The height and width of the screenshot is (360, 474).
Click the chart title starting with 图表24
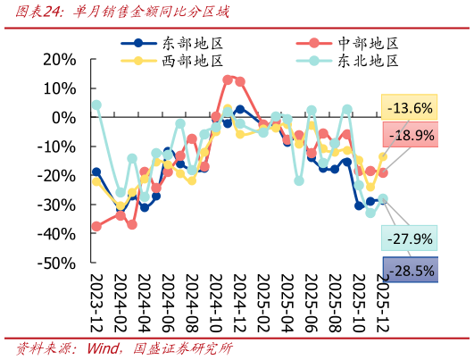coord(116,13)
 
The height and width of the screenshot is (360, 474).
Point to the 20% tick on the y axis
coord(59,59)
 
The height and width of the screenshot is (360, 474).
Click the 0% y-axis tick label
coord(64,117)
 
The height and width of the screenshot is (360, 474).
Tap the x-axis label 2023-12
coord(96,304)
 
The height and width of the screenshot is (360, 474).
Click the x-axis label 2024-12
coord(240,304)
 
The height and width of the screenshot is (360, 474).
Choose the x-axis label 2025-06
coord(312,304)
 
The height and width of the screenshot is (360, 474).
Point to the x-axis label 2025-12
coord(383,304)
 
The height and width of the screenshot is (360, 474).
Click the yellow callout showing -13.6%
coord(411,108)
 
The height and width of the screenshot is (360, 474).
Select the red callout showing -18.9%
coord(411,135)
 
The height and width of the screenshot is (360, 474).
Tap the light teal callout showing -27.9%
coord(411,239)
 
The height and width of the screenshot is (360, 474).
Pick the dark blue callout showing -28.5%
coord(411,270)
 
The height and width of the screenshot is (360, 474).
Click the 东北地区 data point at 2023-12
coord(96,105)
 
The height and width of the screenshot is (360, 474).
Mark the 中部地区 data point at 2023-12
coord(96,226)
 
